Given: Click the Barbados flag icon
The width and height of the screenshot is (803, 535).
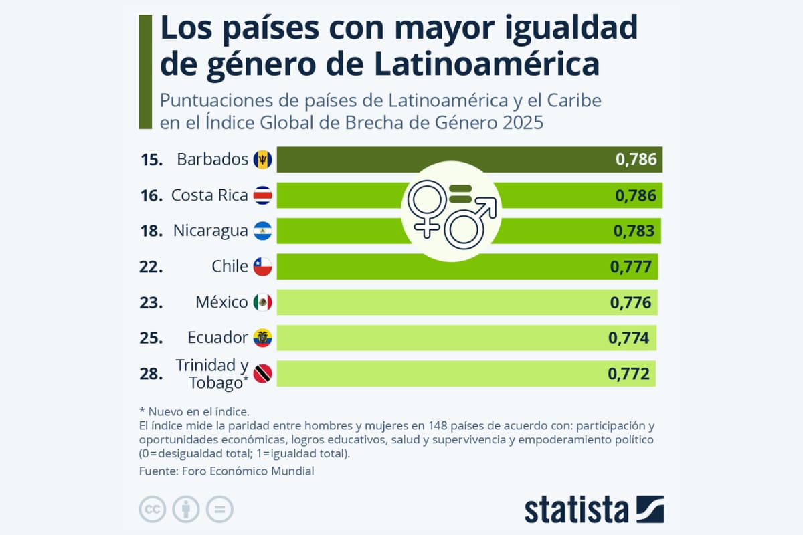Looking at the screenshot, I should (262, 160).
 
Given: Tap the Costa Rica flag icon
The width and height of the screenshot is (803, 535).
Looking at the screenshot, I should (262, 195).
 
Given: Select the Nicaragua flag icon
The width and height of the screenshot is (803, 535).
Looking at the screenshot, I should (262, 231).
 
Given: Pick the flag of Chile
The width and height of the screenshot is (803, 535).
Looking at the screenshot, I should (262, 267).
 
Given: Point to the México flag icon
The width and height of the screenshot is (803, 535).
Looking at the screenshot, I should (262, 302).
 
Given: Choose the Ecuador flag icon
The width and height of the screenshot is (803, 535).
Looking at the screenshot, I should (262, 338).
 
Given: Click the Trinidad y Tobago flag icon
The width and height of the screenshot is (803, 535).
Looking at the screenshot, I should (262, 374).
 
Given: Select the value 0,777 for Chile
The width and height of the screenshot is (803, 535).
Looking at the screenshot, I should (630, 267).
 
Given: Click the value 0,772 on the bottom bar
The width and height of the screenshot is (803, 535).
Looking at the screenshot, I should (628, 374).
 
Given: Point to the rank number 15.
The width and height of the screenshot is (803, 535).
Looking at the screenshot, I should (152, 160).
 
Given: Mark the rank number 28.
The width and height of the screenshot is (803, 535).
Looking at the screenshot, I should (152, 374).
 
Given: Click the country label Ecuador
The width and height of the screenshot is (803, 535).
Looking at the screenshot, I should (217, 338).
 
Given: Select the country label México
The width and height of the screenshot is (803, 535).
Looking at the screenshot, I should (221, 302).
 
